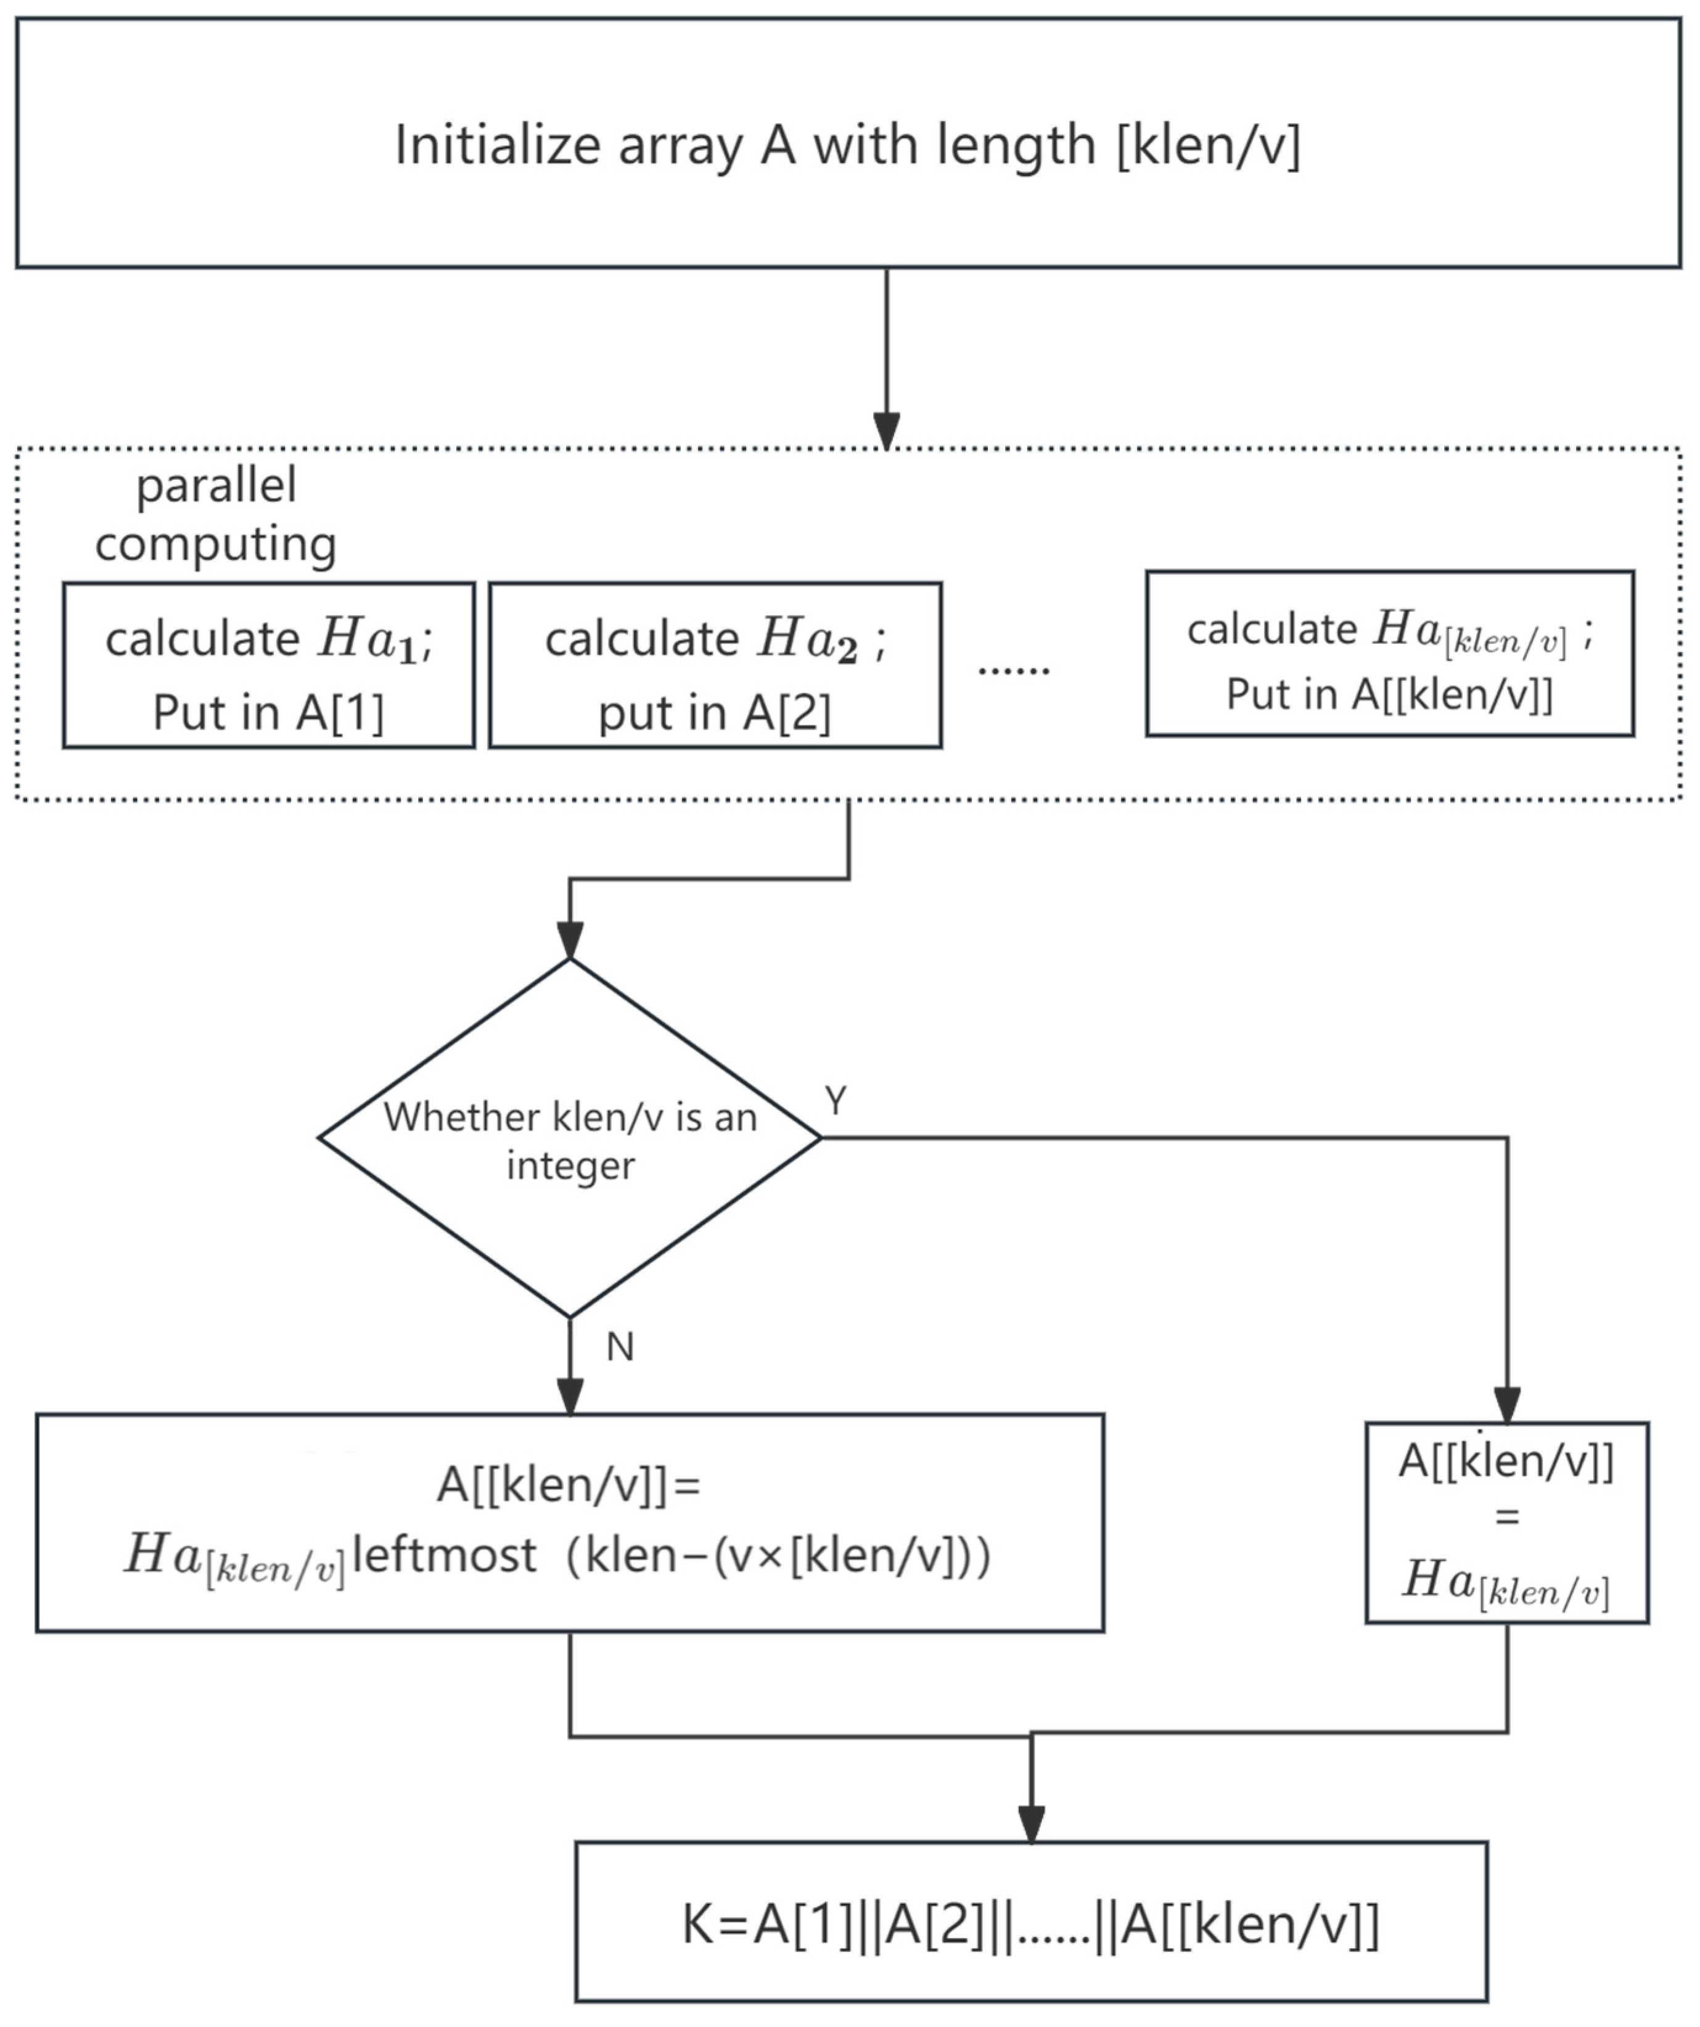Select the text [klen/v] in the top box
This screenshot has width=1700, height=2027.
(x=1208, y=146)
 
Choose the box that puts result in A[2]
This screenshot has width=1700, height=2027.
(x=715, y=665)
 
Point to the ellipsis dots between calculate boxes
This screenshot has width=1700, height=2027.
(x=1014, y=668)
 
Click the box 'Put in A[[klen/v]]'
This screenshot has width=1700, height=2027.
(x=1389, y=654)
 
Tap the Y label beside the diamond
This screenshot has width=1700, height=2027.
(x=836, y=1100)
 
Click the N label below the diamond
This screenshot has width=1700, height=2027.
(x=620, y=1347)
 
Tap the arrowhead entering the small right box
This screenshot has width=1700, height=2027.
(x=1507, y=1404)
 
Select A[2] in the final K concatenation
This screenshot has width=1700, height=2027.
(x=934, y=1925)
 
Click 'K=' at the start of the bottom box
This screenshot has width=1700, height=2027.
(x=715, y=1925)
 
